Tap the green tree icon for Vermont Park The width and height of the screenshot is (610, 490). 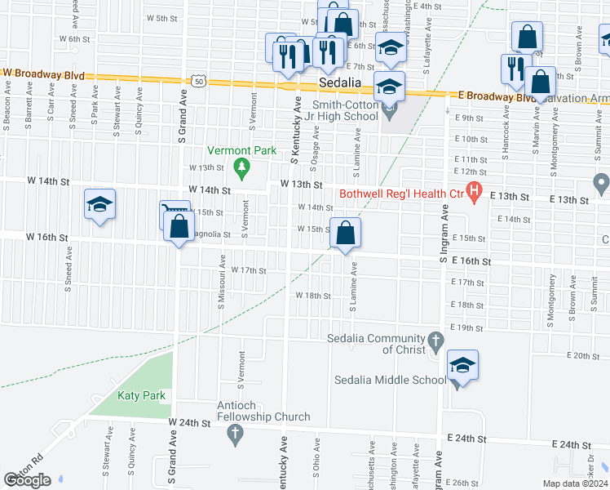[x=241, y=169]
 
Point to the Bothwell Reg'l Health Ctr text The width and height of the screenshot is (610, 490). [x=400, y=193]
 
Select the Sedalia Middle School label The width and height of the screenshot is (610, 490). [x=391, y=380]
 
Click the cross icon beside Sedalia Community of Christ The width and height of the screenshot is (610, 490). [x=436, y=339]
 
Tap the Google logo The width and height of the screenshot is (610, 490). [x=28, y=480]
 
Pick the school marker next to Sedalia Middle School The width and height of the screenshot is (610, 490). [x=462, y=365]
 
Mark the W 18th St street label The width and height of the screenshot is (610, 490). [x=313, y=296]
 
